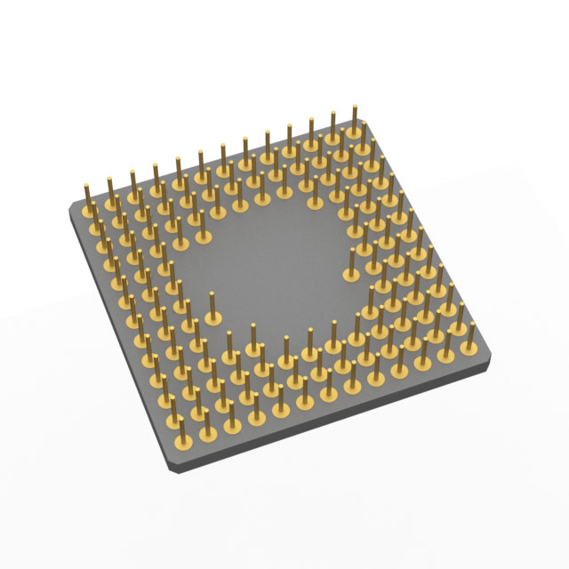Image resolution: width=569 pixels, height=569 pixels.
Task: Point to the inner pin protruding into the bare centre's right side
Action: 352,265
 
